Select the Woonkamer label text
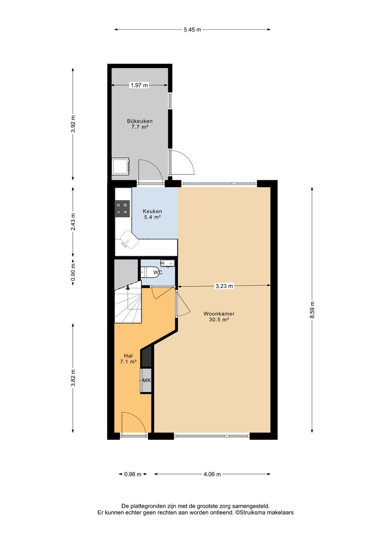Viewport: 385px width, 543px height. tap(219, 314)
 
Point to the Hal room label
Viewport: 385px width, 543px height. tap(128, 356)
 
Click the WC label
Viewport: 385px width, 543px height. tap(158, 273)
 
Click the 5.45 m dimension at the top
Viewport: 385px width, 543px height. tap(192, 30)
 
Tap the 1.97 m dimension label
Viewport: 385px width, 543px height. tap(139, 85)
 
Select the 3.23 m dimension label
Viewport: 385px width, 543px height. tap(224, 286)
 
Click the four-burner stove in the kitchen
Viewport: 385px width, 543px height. tap(122, 209)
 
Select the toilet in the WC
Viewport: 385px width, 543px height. tap(147, 272)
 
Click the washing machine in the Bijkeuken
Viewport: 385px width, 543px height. tap(121, 166)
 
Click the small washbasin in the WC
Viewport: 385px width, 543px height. tap(168, 263)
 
